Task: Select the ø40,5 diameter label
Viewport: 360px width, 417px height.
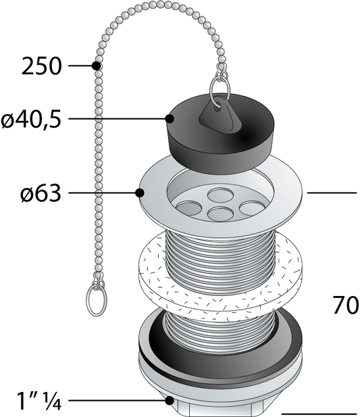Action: [32, 119]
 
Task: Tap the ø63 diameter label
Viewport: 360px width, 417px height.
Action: [41, 193]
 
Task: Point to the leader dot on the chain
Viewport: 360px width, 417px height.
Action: [97, 66]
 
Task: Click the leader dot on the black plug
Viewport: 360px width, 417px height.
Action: [169, 119]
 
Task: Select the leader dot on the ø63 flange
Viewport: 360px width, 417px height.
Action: [140, 193]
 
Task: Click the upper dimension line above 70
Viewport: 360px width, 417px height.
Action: [332, 193]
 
